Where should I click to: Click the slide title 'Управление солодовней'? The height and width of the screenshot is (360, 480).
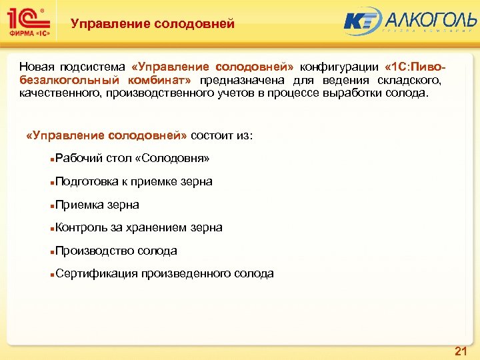click(x=153, y=24)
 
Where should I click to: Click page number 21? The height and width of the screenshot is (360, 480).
click(x=460, y=351)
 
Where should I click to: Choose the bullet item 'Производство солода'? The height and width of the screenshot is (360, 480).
click(x=116, y=251)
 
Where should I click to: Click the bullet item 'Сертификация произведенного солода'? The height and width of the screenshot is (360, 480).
click(x=164, y=273)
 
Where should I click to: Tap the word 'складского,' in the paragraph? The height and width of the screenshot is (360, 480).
click(x=407, y=80)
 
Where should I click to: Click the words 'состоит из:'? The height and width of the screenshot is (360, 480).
click(x=222, y=135)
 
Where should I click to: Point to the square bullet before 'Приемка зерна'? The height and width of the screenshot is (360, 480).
click(x=52, y=205)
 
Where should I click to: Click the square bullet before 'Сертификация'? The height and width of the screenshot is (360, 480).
click(x=52, y=274)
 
